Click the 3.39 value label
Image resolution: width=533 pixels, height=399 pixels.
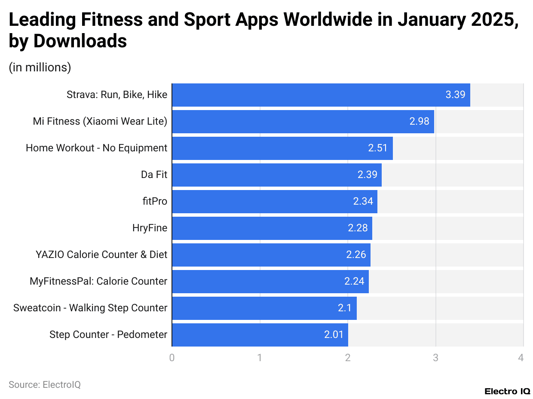tap(455, 95)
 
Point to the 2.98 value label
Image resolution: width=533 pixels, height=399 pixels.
tap(419, 122)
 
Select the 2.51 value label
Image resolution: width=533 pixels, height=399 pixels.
tap(378, 148)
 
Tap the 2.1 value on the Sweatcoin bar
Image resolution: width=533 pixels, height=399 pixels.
tap(345, 308)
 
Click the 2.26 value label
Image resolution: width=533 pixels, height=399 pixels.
tap(356, 255)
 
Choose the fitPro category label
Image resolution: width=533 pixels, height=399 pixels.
tap(155, 201)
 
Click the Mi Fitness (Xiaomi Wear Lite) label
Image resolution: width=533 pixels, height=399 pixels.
tap(100, 122)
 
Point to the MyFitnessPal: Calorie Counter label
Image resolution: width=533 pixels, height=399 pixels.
tap(98, 281)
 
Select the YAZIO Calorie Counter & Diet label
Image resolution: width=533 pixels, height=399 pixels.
tap(101, 255)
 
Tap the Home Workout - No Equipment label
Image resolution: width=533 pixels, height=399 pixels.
tap(96, 148)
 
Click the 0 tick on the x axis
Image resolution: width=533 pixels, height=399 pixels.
tap(172, 358)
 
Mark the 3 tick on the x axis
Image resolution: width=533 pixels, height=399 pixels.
tap(435, 358)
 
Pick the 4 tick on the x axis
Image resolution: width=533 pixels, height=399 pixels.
tap(521, 358)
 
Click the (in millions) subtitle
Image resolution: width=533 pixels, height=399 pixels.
tap(40, 68)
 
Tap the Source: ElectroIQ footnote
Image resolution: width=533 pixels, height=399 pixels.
tap(45, 385)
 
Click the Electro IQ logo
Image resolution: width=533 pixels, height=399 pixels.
tap(507, 391)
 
